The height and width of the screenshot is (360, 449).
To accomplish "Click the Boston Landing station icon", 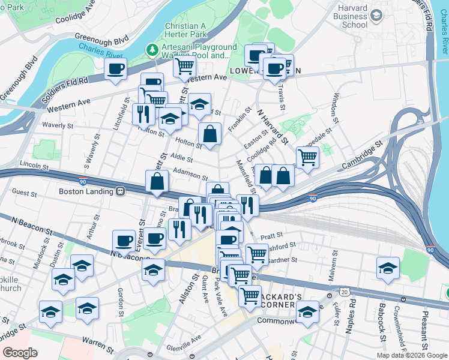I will coord(121,191).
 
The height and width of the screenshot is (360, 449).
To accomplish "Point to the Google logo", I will coord(19,353).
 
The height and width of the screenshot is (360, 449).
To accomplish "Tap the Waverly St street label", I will coord(58,126).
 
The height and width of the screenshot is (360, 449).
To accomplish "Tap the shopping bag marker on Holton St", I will coord(209,135).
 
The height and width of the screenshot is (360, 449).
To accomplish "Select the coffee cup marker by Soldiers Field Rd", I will coord(116,68).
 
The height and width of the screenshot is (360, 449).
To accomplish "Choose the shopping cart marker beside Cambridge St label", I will coord(307,158).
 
